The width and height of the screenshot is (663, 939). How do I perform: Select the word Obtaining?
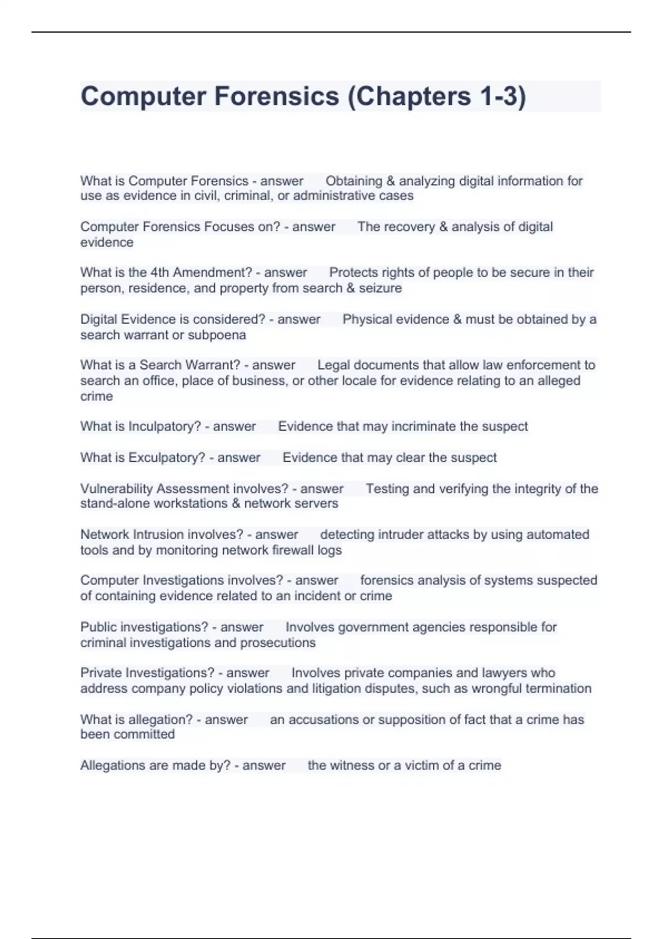pyautogui.click(x=354, y=181)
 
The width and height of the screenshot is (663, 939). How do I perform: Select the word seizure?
pyautogui.click(x=381, y=288)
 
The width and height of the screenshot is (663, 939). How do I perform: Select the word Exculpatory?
pyautogui.click(x=167, y=458)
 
